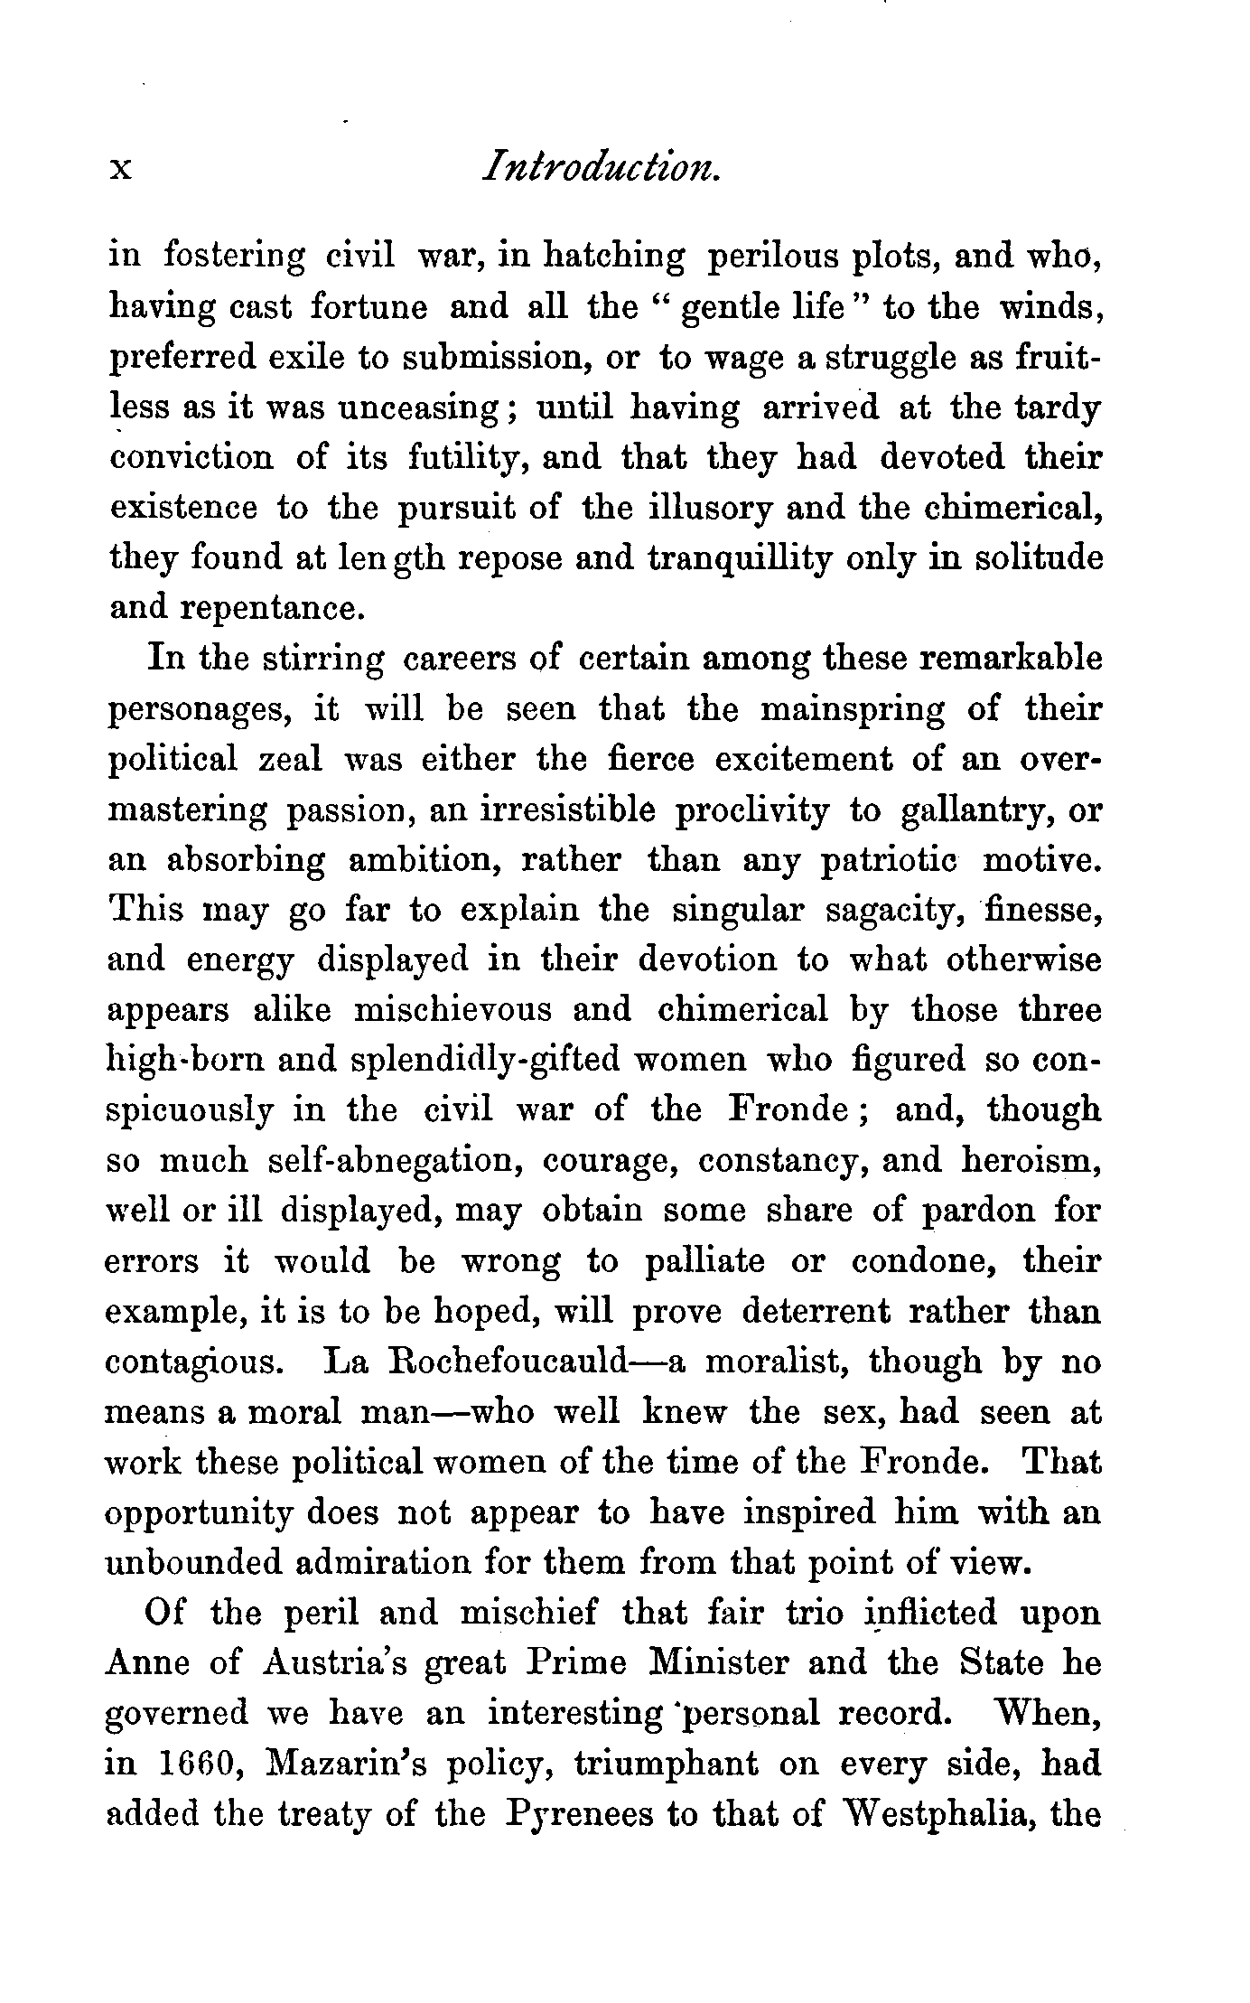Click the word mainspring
(x=851, y=709)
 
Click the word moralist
(x=775, y=1361)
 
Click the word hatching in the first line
(x=613, y=256)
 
